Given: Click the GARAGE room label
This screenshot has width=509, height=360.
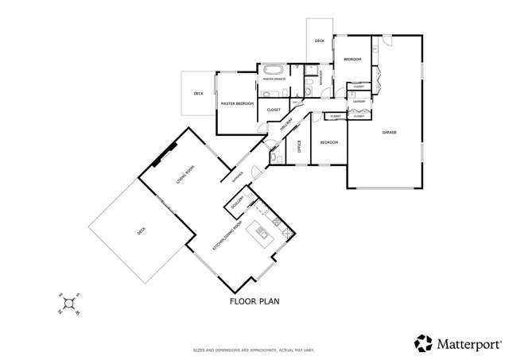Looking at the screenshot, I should (x=389, y=132).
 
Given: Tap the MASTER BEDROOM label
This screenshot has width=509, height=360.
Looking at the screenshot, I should (x=237, y=104).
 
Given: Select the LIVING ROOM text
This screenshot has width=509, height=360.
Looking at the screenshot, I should (x=185, y=173).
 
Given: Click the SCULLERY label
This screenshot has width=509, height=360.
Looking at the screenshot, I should (x=236, y=205).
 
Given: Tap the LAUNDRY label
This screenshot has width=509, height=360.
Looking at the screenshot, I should (x=359, y=102).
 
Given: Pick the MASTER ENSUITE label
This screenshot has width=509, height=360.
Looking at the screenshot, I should (x=274, y=79).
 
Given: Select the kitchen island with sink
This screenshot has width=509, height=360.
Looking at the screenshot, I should (x=259, y=234).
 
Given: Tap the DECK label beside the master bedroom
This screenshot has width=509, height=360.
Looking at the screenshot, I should (x=198, y=94).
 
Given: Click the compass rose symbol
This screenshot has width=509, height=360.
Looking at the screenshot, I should (x=70, y=301).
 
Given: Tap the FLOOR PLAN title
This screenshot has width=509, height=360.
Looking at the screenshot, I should (x=254, y=301).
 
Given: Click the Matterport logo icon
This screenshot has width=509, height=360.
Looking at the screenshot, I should (x=423, y=343).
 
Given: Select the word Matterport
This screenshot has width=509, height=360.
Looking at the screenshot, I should (x=467, y=344).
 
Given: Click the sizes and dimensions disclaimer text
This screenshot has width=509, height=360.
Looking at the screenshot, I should (x=254, y=349).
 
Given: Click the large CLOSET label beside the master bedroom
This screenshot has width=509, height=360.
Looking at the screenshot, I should (x=273, y=110).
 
